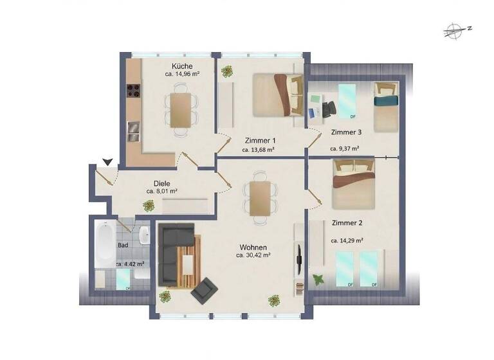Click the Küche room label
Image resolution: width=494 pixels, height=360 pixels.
(182, 66)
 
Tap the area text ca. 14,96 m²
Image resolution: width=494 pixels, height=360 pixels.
(182, 75)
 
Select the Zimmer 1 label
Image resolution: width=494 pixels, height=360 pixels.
(261, 140)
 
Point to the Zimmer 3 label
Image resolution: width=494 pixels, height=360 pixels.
(346, 132)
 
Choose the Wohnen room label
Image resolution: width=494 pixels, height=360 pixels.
(253, 247)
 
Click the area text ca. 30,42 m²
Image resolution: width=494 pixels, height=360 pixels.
(253, 255)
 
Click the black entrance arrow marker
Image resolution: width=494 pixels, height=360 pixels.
(107, 162)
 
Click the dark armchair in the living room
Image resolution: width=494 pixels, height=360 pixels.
(205, 291)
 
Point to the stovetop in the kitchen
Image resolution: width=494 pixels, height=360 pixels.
(133, 93)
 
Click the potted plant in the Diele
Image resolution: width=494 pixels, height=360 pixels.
(149, 206)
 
